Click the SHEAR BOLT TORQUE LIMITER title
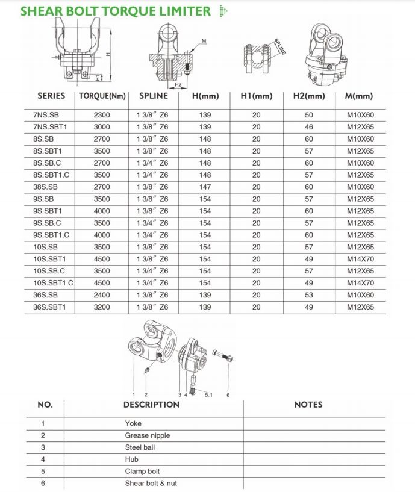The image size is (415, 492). (116, 11)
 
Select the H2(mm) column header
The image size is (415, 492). (309, 96)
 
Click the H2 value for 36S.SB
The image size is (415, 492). (308, 295)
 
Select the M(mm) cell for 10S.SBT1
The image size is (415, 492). (360, 259)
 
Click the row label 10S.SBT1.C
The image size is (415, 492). (54, 283)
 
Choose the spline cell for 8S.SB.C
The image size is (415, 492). (154, 163)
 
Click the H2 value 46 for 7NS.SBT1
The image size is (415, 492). (308, 127)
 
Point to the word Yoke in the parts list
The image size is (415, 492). (133, 423)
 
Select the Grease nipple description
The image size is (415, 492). (148, 435)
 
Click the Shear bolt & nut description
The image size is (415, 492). (151, 483)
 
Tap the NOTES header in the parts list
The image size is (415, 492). (308, 405)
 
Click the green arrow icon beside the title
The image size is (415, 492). (223, 11)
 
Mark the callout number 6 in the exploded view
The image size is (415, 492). (228, 394)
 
